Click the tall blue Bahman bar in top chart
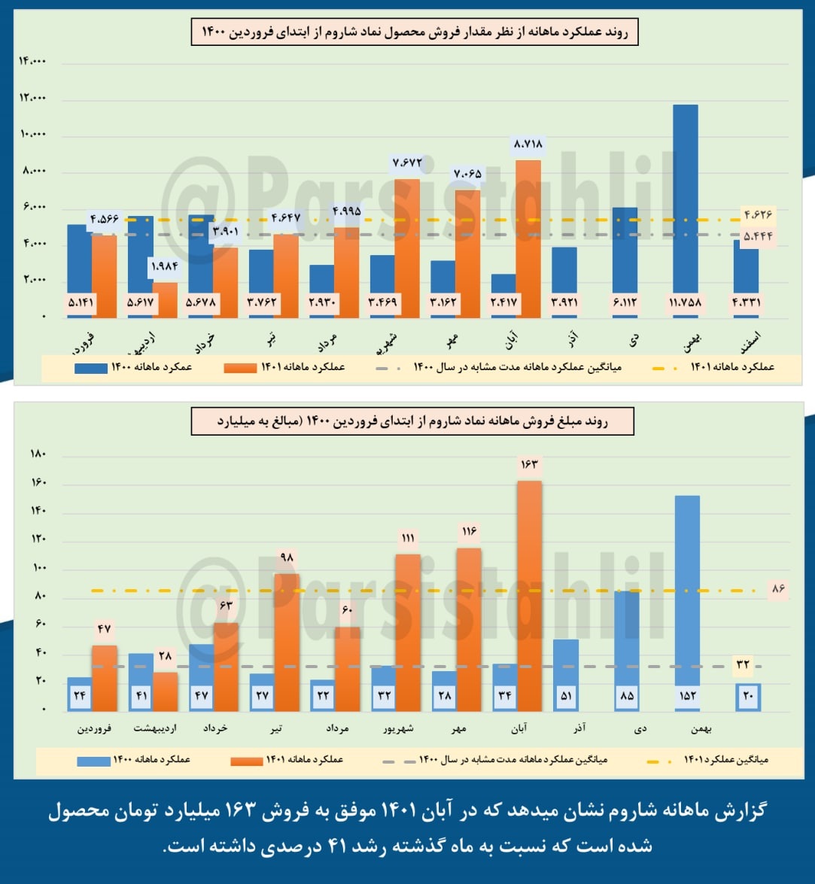pos(685,203)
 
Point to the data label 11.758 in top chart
pos(685,303)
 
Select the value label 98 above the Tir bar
pos(285,558)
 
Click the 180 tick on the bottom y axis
pos(38,454)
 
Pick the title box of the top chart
pos(414,33)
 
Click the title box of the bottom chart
pos(412,422)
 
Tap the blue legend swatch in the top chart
pos(90,368)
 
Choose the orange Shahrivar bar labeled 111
pos(407,632)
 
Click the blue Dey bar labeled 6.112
pos(624,256)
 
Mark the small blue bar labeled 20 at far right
pos(747,697)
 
